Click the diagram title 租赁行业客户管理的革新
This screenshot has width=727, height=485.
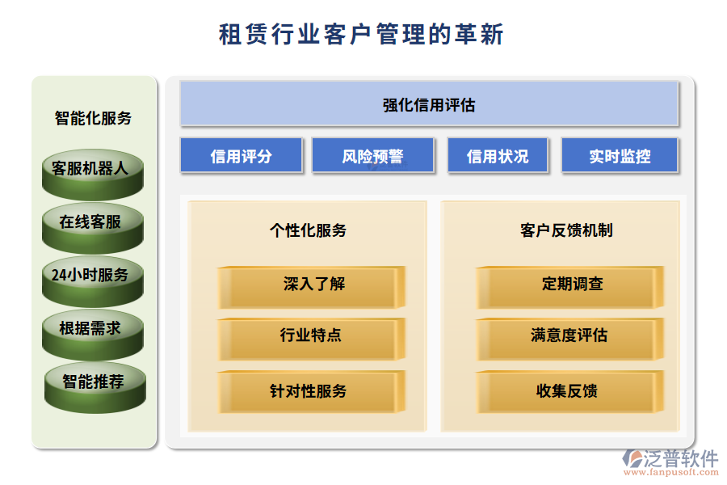(x=361, y=34)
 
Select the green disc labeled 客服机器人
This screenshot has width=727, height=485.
(x=93, y=175)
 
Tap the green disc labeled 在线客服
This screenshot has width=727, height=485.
(x=93, y=228)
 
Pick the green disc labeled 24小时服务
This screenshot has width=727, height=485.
(x=93, y=281)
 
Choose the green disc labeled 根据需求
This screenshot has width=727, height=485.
(x=93, y=335)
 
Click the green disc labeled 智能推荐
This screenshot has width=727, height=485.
(x=95, y=388)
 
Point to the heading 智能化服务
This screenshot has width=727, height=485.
(x=93, y=118)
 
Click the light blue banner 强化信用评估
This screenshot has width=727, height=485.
(x=429, y=103)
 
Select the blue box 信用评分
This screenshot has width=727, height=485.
(x=241, y=155)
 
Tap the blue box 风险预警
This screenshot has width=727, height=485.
(x=372, y=155)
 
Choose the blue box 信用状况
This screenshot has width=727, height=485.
(x=498, y=155)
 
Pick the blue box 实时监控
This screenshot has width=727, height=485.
(x=620, y=155)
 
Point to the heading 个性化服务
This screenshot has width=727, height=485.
(x=309, y=230)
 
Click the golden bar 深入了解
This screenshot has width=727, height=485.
(x=312, y=287)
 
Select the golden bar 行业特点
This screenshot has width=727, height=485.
(x=312, y=339)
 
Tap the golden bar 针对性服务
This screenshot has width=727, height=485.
(x=312, y=392)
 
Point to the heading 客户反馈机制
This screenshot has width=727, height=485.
(x=566, y=230)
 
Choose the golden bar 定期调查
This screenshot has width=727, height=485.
(x=569, y=287)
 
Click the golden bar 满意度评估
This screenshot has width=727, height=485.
(x=569, y=339)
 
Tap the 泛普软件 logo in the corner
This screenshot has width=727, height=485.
(x=670, y=462)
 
